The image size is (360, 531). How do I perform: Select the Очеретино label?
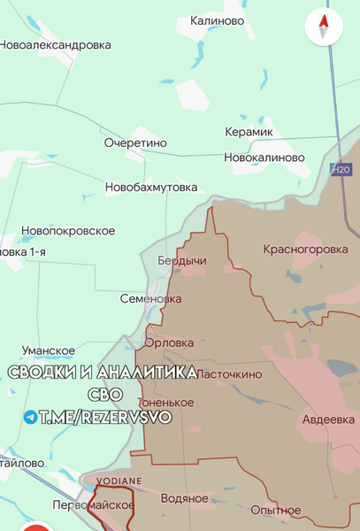[135, 142]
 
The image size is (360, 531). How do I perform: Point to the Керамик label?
[249, 132]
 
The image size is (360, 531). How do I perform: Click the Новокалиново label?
[264, 158]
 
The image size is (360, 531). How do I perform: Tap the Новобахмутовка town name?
[151, 188]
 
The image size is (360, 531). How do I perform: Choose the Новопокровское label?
[68, 231]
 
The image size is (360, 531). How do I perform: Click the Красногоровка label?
[305, 250]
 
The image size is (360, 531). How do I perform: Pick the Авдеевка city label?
[329, 419]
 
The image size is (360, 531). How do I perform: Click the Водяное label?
[185, 498]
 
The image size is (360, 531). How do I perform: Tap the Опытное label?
[275, 510]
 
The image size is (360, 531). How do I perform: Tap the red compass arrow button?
[324, 27]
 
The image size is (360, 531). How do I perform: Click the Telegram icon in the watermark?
[31, 417]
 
